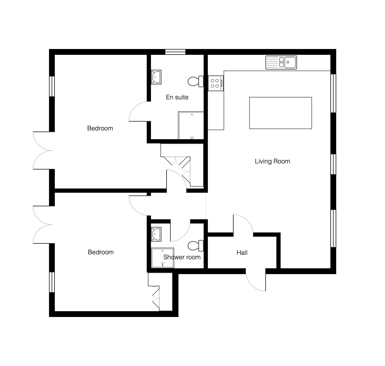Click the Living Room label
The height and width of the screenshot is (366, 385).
point(272,161)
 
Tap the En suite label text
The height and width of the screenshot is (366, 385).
point(177,97)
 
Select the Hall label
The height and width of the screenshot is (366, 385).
point(242,253)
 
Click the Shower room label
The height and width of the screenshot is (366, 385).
point(182,257)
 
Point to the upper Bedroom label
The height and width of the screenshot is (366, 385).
point(100,128)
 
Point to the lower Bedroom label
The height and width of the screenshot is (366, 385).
point(101,252)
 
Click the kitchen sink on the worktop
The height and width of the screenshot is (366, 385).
point(281,62)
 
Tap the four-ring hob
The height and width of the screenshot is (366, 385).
point(216,83)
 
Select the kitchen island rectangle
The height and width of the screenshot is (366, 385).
point(280,113)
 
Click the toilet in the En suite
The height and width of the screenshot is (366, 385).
point(196,81)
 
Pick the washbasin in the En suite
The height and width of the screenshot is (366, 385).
point(156,77)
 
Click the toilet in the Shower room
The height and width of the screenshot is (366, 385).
point(196,246)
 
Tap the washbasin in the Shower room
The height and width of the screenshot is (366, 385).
point(156,234)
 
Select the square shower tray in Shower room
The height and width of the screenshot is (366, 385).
point(163,258)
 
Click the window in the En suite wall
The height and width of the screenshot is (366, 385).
point(175,52)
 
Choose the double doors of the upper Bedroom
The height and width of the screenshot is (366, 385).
point(42,150)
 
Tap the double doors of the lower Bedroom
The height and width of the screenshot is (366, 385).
point(42,225)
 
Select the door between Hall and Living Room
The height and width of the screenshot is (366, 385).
point(243,226)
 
